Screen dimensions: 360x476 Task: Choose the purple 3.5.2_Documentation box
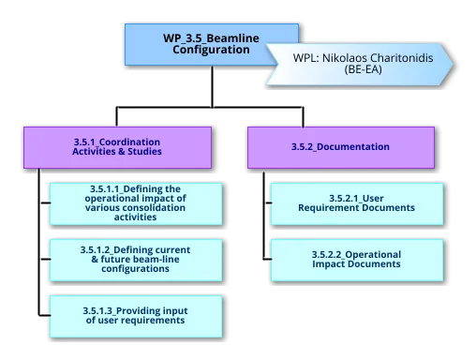tap(340, 147)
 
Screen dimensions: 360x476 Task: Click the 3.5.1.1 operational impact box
tap(137, 202)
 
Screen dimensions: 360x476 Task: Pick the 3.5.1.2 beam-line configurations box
tap(137, 258)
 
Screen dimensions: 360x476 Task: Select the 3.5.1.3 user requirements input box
tap(137, 314)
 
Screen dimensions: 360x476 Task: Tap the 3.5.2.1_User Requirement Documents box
tap(357, 203)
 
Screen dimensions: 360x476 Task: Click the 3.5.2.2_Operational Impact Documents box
tap(357, 259)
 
